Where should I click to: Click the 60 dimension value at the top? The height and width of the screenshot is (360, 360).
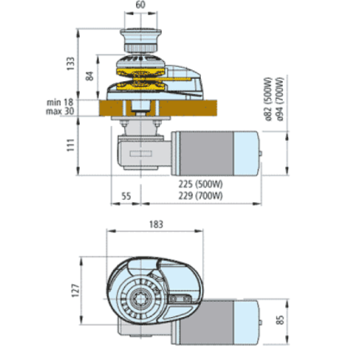tap(140, 5)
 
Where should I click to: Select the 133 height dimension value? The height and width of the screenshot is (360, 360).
tap(71, 64)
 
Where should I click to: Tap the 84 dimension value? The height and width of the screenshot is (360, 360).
tap(90, 76)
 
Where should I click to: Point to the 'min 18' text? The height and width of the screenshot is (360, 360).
tap(60, 102)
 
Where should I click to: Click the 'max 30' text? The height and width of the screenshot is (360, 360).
tap(60, 112)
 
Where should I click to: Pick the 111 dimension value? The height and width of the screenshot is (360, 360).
tap(71, 145)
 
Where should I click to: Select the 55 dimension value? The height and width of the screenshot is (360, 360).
tap(126, 196)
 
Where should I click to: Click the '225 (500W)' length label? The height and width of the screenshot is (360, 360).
tap(201, 184)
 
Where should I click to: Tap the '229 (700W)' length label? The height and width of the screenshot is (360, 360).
tap(201, 196)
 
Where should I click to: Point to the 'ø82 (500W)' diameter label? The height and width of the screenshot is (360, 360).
tap(268, 100)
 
